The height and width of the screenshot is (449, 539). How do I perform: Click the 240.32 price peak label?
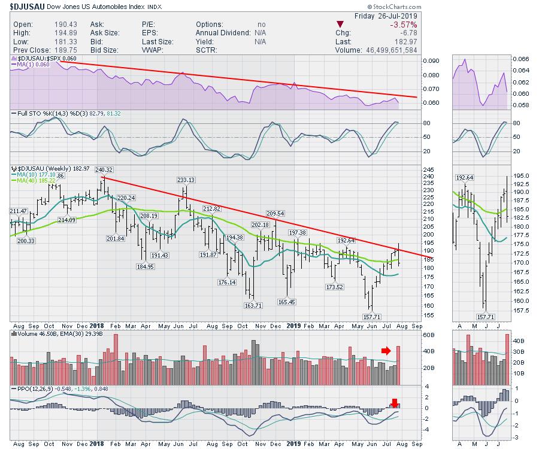point(103,169)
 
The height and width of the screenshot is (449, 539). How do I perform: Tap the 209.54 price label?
point(275,213)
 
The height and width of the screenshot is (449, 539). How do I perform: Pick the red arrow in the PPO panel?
point(394,402)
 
